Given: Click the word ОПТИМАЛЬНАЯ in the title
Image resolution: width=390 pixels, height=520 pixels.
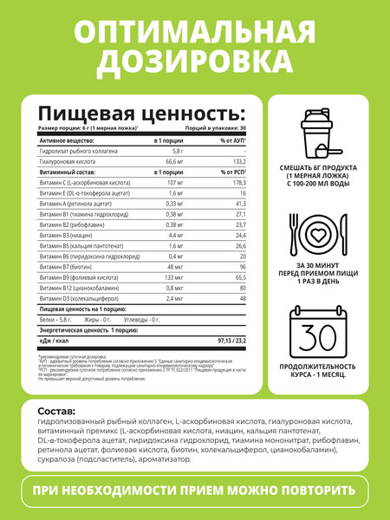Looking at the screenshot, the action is click(194, 33).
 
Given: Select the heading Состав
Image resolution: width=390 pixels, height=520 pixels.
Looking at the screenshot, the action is click(64, 410).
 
